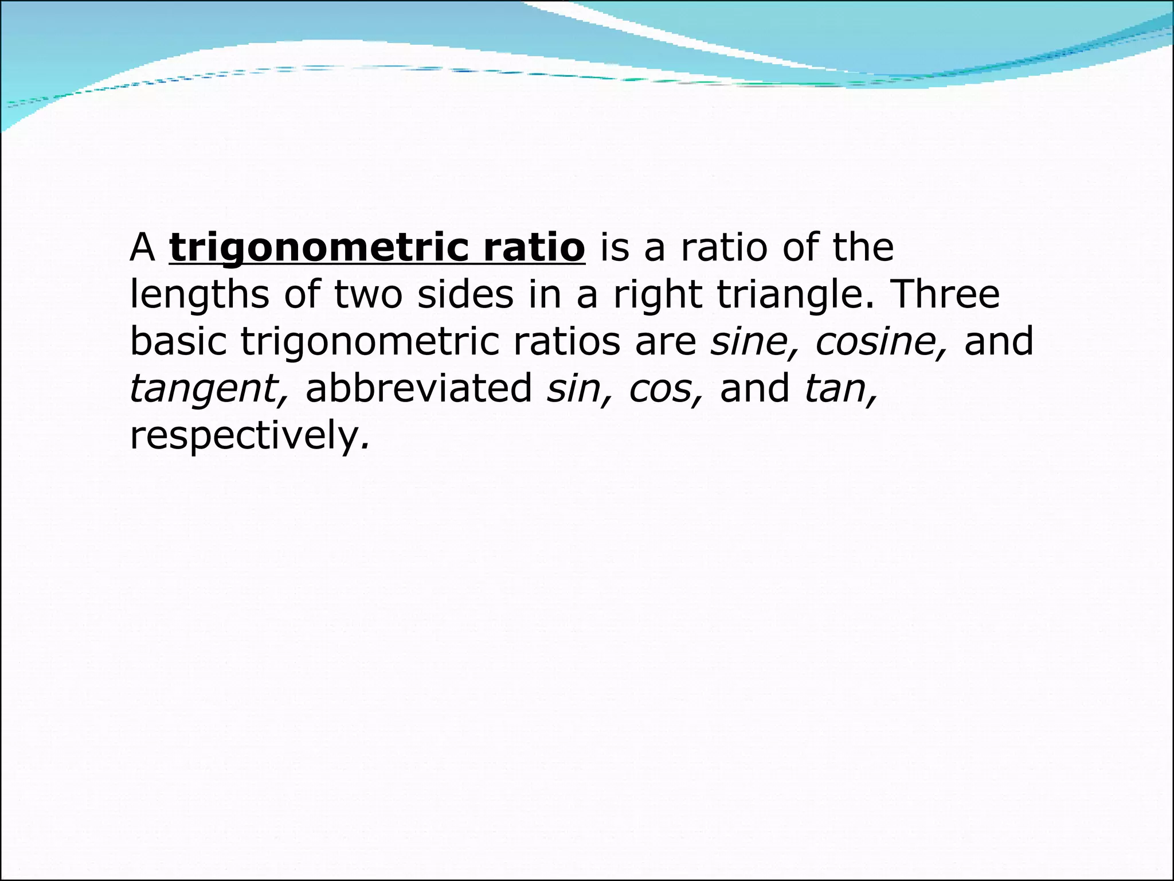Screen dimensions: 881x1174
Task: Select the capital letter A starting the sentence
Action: [143, 248]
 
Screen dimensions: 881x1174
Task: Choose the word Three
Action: [946, 295]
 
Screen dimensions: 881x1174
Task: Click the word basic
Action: [178, 342]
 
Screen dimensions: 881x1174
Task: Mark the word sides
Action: [465, 295]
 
